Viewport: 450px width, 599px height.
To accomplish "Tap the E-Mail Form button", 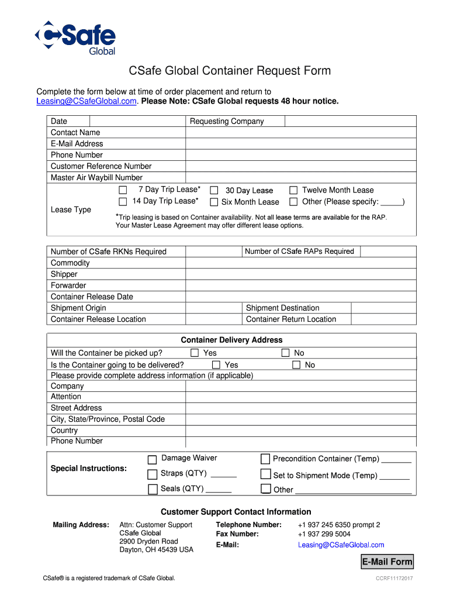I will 387,562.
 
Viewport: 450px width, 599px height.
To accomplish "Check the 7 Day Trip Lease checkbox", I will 123,190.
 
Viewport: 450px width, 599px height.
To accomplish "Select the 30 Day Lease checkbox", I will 214,191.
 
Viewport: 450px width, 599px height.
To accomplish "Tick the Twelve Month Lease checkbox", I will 293,190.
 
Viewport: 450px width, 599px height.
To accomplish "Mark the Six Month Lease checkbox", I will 214,202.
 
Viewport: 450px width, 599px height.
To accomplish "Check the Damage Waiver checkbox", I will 152,459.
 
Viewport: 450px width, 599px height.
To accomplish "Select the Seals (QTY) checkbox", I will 152,489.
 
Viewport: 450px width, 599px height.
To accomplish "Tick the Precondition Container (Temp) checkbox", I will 265,459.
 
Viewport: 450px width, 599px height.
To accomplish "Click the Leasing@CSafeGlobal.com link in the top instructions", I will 87,101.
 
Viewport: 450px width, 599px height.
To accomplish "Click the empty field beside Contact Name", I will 300,132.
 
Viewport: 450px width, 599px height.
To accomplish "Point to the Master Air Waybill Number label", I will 96,177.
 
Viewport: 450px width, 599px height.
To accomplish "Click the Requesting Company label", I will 227,121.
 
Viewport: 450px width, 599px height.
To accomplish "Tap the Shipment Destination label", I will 283,308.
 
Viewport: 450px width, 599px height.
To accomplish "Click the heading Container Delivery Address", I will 231,340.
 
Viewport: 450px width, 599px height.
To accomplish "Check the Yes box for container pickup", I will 195,353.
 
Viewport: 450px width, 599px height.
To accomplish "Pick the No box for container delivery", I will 296,365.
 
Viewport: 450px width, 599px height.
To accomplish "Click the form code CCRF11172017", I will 394,579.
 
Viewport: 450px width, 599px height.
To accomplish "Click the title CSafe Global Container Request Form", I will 230,71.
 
